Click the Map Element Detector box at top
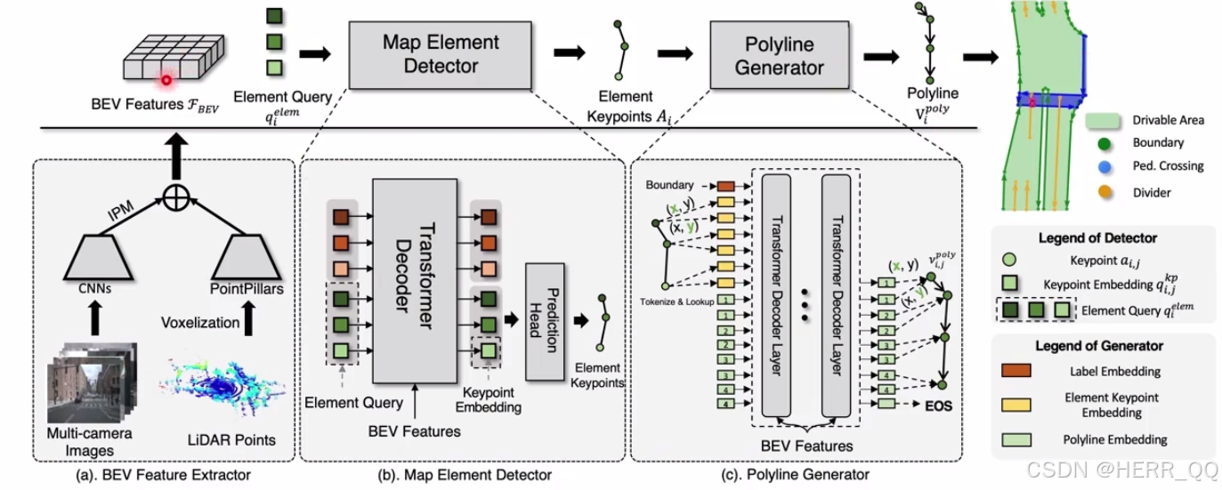click(x=429, y=53)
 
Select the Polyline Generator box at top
click(x=780, y=54)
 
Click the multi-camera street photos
click(x=92, y=382)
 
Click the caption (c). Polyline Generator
click(x=796, y=475)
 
